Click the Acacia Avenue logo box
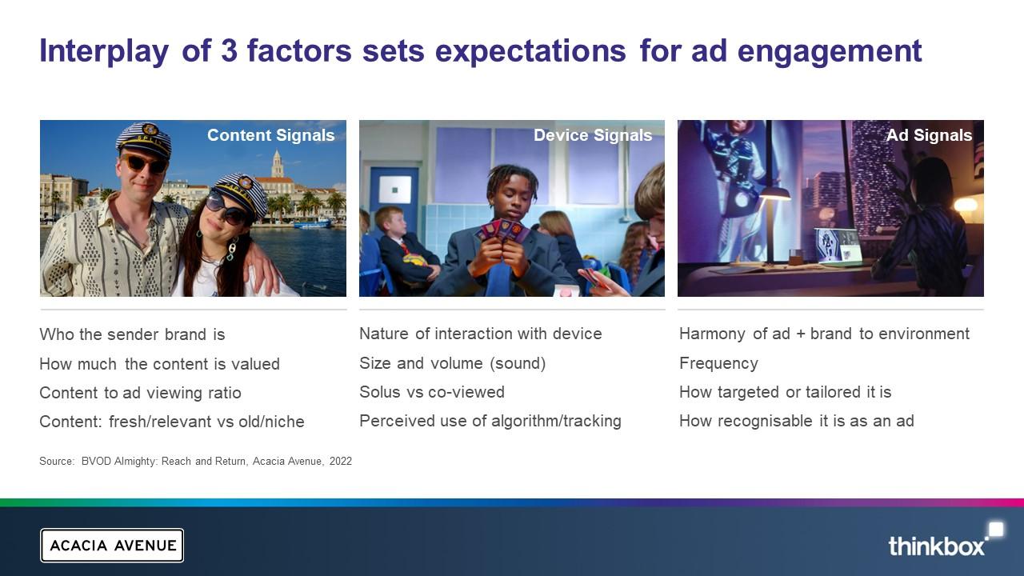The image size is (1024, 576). pyautogui.click(x=112, y=546)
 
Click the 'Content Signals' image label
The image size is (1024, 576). pyautogui.click(x=271, y=135)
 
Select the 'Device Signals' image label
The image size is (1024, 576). pyautogui.click(x=593, y=135)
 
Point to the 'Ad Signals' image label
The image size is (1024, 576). pyautogui.click(x=929, y=135)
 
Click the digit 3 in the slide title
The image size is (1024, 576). pyautogui.click(x=229, y=50)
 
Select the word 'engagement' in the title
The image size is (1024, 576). pyautogui.click(x=830, y=53)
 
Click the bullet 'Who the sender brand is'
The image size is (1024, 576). pyautogui.click(x=132, y=334)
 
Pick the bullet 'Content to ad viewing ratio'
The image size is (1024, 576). pyautogui.click(x=140, y=393)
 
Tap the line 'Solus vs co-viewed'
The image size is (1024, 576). pyautogui.click(x=432, y=392)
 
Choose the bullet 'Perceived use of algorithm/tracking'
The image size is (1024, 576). pyautogui.click(x=490, y=421)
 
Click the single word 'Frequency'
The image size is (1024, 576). pyautogui.click(x=718, y=363)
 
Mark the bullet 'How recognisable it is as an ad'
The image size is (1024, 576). pyautogui.click(x=797, y=421)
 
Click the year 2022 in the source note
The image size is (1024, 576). pyautogui.click(x=341, y=462)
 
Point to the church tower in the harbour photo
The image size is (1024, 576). pyautogui.click(x=277, y=164)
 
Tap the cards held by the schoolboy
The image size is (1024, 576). pyautogui.click(x=502, y=230)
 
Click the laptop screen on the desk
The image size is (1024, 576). pyautogui.click(x=838, y=245)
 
